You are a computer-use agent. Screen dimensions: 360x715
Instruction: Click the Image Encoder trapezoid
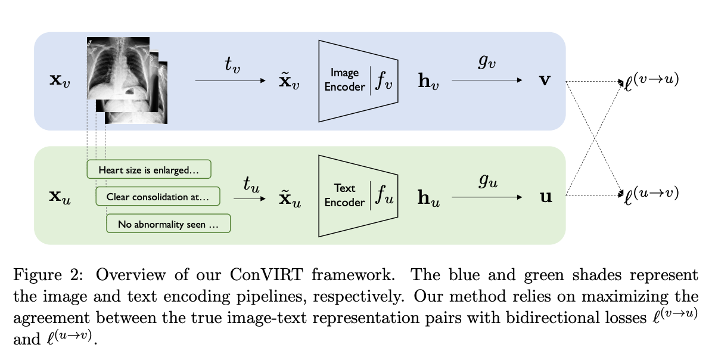pyautogui.click(x=357, y=80)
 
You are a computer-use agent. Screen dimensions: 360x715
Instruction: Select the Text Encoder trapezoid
pyautogui.click(x=357, y=195)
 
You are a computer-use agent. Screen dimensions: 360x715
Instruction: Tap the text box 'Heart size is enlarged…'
pyautogui.click(x=149, y=169)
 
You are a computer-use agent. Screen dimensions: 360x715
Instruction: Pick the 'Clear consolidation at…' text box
pyautogui.click(x=157, y=196)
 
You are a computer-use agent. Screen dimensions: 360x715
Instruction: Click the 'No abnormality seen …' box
pyautogui.click(x=168, y=224)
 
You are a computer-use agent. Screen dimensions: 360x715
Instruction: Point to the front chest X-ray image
pyautogui.click(x=118, y=67)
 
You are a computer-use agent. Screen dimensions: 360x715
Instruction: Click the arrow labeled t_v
pyautogui.click(x=229, y=80)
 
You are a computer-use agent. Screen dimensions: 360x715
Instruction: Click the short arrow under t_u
pyautogui.click(x=251, y=200)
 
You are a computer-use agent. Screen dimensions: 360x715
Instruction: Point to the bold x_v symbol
pyautogui.click(x=60, y=80)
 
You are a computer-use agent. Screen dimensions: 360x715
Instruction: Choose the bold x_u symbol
pyautogui.click(x=60, y=196)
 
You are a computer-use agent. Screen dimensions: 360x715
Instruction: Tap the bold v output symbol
pyautogui.click(x=544, y=80)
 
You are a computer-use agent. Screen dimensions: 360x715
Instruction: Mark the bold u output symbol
pyautogui.click(x=545, y=196)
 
